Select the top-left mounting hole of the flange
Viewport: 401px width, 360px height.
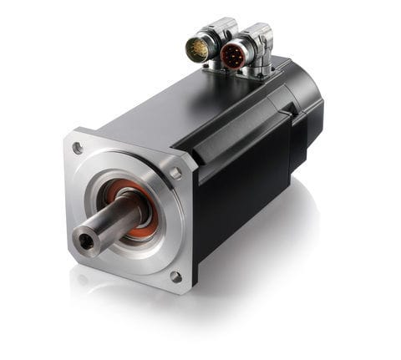(78, 149)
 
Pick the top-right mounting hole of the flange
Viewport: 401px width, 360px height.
(175, 173)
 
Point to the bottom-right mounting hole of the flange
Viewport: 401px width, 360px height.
(174, 276)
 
